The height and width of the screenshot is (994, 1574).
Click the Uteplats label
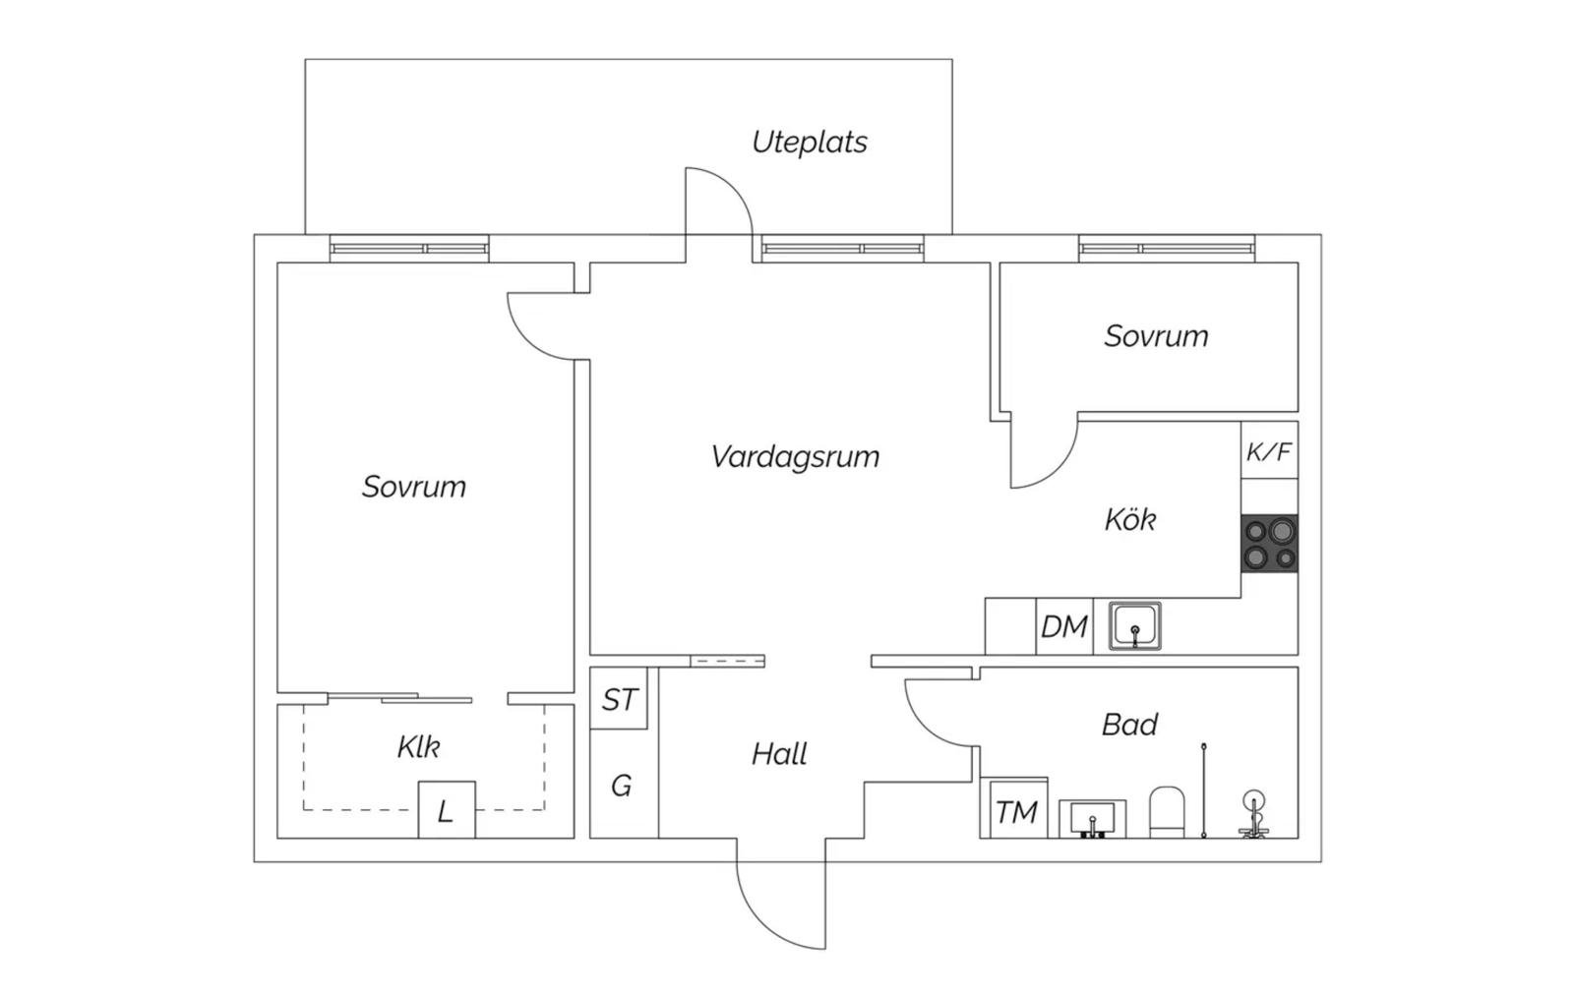(x=810, y=142)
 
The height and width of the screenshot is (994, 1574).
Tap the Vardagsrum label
(x=795, y=456)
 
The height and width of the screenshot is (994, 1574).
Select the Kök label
(x=1130, y=520)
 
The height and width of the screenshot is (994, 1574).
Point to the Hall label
(x=779, y=754)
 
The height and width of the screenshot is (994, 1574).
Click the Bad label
(x=1129, y=725)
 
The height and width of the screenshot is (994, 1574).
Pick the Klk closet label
(x=419, y=747)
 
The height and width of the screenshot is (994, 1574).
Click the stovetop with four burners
(x=1270, y=543)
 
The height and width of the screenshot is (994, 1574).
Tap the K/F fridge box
(x=1270, y=450)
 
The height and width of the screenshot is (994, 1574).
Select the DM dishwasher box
(x=1064, y=626)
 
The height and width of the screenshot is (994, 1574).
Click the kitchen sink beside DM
(x=1135, y=626)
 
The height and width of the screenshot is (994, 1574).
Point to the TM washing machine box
(x=1014, y=808)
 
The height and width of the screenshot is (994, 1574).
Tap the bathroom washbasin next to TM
(x=1093, y=819)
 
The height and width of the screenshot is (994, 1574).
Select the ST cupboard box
(x=619, y=699)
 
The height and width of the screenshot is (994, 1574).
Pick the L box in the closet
(x=447, y=810)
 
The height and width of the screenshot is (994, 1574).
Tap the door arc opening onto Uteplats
(x=731, y=184)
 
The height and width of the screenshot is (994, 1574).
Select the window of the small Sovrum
(x=1167, y=249)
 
